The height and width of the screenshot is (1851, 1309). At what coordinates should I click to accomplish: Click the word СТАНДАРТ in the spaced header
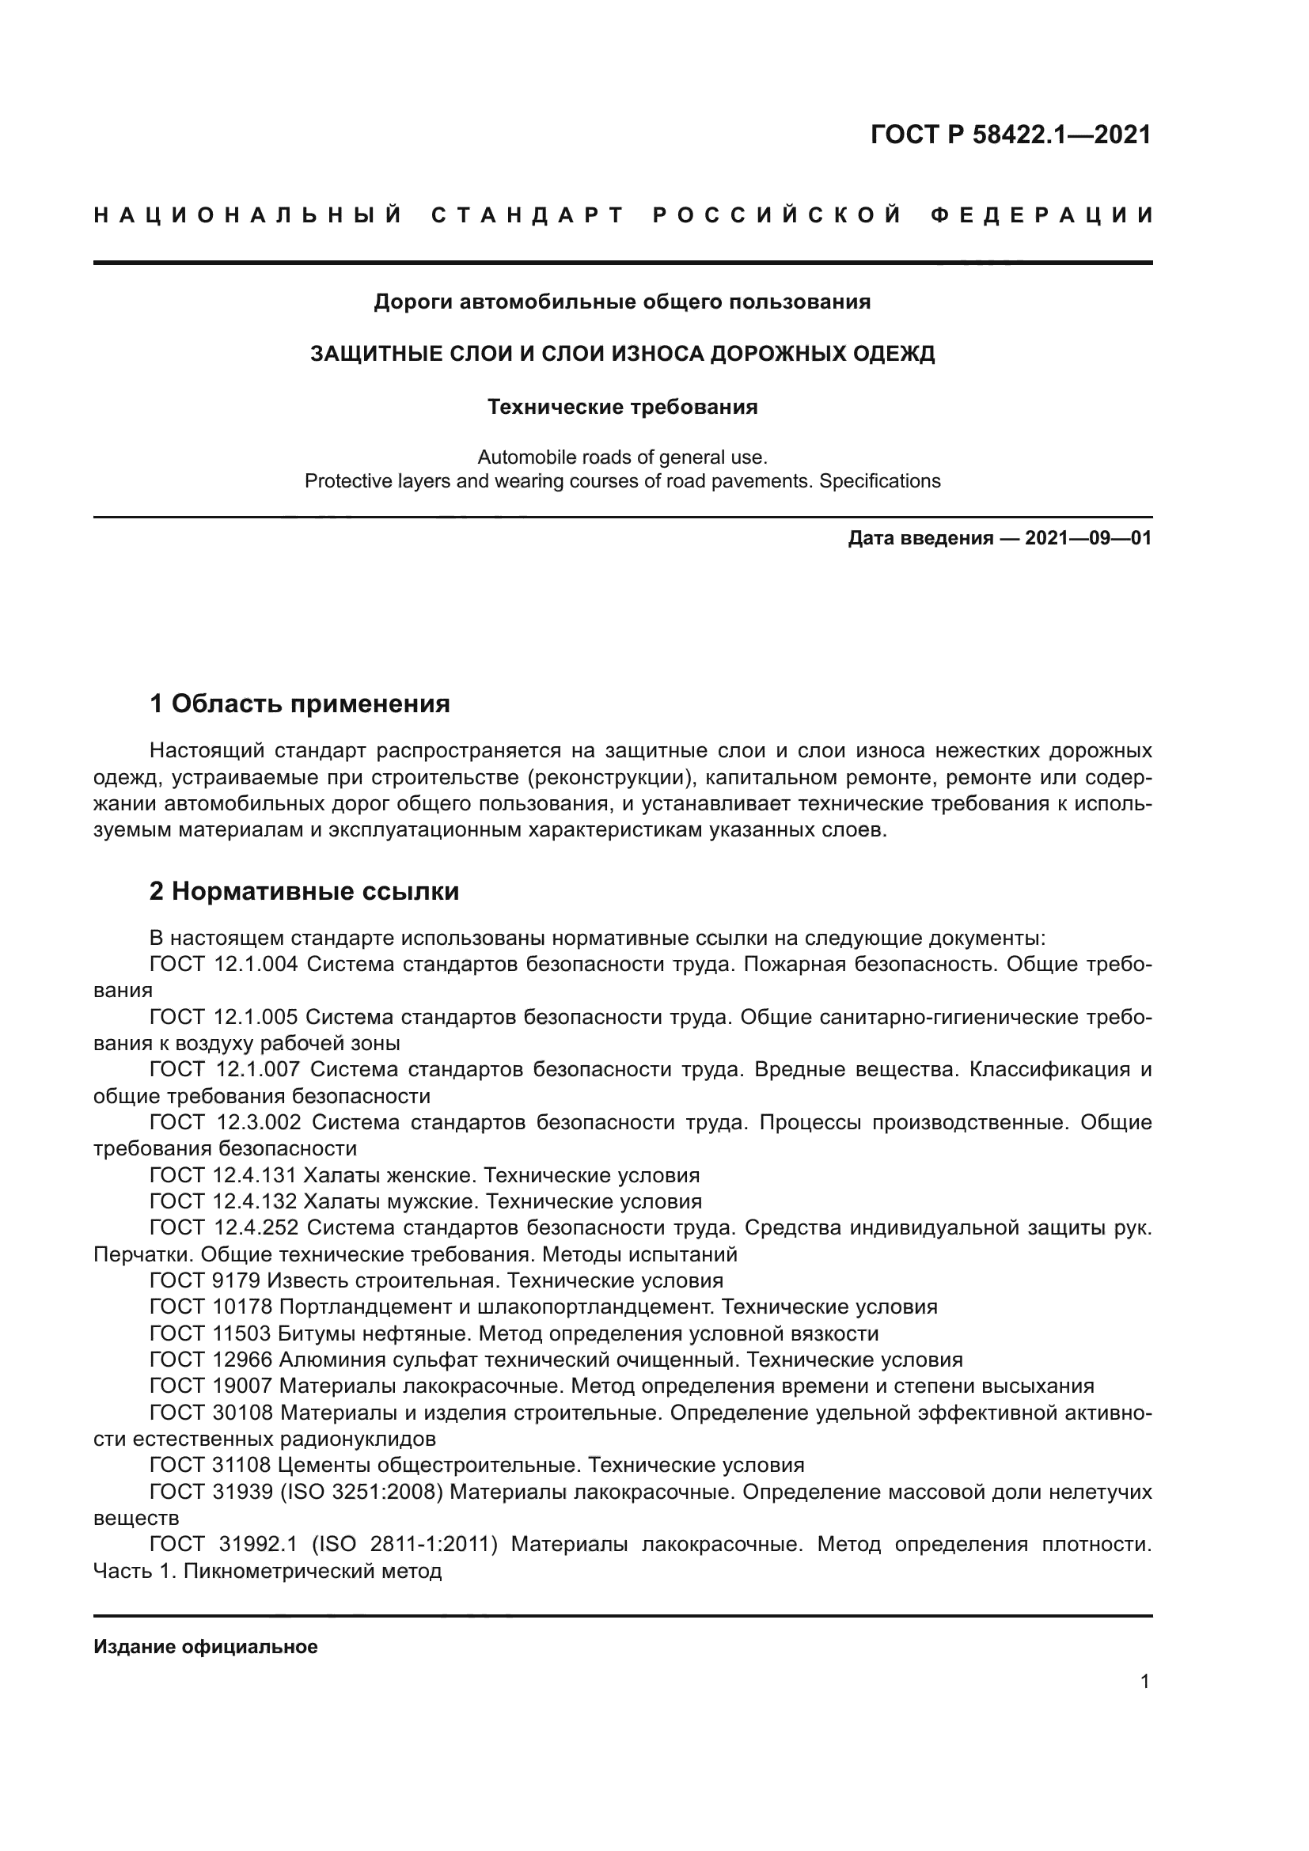528,215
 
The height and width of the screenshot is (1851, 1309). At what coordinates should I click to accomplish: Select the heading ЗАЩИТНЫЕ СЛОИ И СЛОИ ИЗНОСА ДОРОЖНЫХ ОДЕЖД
622,354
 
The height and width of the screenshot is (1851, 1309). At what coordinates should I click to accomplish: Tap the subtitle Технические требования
622,407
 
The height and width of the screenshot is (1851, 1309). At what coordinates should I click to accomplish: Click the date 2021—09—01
1088,539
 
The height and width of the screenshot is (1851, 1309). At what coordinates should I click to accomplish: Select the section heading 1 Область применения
299,704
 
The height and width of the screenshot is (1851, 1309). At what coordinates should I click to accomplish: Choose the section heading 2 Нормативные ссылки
304,892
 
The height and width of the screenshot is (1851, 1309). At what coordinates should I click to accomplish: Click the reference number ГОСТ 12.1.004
224,964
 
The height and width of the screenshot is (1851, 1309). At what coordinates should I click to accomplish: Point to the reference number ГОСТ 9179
205,1281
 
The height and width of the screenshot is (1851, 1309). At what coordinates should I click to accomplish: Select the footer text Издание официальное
206,1647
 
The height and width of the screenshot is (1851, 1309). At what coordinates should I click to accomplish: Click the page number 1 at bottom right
1144,1682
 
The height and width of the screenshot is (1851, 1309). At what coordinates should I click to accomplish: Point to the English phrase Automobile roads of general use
621,458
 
